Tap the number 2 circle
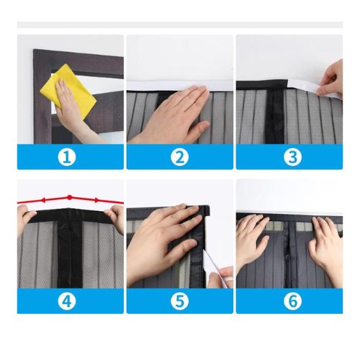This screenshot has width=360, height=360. click(179, 157)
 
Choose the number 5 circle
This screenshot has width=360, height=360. click(179, 300)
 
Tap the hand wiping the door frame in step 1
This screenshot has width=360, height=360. click(76, 112)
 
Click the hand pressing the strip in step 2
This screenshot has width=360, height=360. click(173, 115)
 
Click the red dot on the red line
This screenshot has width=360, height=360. click(69, 197)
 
